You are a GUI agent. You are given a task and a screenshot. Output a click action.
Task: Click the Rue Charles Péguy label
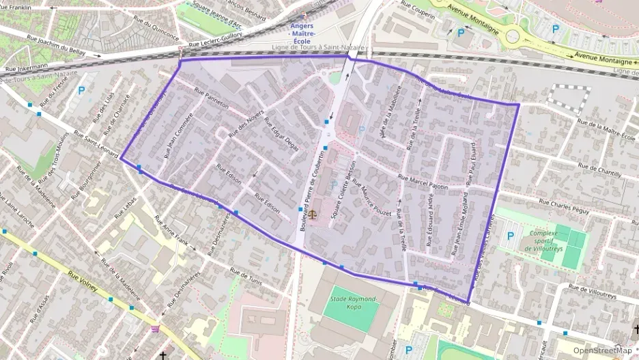563,207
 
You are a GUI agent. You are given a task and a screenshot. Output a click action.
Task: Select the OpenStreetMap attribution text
602,350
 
